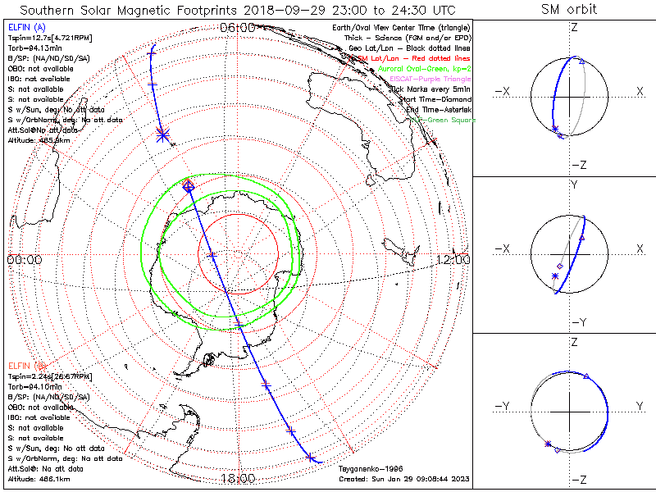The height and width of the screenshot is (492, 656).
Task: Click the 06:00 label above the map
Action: pos(238,27)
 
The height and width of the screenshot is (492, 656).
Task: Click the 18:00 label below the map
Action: pos(238,478)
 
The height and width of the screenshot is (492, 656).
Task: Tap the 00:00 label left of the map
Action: pos(24,259)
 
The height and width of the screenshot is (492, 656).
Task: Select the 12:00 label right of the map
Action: pos(453,259)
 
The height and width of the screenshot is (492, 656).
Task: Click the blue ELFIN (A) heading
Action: pos(27,29)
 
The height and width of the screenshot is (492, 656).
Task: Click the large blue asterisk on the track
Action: pos(162,134)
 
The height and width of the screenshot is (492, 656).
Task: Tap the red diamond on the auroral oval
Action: pos(188,186)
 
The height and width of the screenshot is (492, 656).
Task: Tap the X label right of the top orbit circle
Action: pos(640,91)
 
